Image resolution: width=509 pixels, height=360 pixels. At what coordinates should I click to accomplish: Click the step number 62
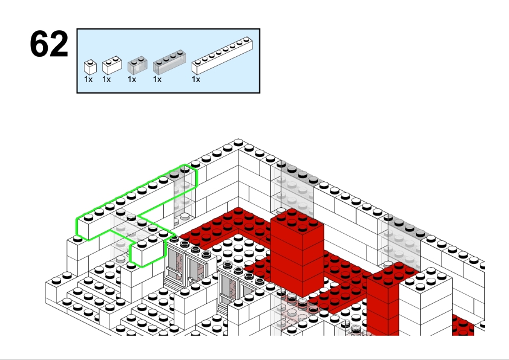pyautogui.click(x=49, y=43)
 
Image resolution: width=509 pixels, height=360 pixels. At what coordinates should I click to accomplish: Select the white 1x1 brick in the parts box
pyautogui.click(x=90, y=67)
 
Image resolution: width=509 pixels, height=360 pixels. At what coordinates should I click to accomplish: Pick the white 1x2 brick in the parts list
pyautogui.click(x=112, y=65)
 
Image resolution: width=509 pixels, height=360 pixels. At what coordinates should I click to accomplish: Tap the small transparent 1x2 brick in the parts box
pyautogui.click(x=138, y=65)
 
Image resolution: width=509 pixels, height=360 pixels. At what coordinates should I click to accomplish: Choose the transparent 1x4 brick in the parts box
pyautogui.click(x=169, y=62)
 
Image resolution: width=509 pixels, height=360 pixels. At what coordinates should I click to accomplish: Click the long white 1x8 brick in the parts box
pyautogui.click(x=222, y=56)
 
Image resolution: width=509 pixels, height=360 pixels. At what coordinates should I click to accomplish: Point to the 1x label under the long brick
pyautogui.click(x=196, y=80)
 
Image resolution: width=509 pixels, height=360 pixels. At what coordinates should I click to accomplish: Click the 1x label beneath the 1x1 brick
pyautogui.click(x=88, y=80)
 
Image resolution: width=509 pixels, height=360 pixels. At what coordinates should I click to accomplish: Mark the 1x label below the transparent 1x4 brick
pyautogui.click(x=157, y=80)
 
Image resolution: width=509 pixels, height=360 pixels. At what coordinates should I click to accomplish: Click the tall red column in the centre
pyautogui.click(x=297, y=253)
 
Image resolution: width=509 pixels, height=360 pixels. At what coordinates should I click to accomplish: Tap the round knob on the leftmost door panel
pyautogui.click(x=179, y=274)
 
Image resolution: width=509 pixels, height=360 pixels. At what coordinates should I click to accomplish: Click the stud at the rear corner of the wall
pyautogui.click(x=238, y=143)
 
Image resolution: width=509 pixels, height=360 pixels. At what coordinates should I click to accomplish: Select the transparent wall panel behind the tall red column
pyautogui.click(x=292, y=188)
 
